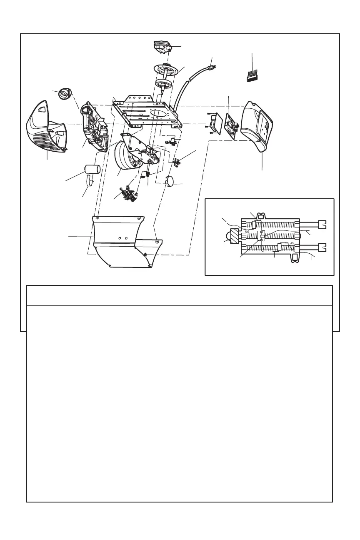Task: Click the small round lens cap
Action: (64, 94)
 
